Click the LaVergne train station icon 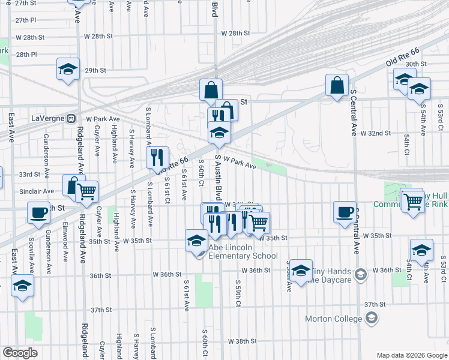click(x=70, y=118)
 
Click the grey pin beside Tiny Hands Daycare click(x=360, y=275)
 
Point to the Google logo click(x=20, y=353)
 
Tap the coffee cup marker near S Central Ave click(x=345, y=212)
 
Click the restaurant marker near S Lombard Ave click(x=157, y=157)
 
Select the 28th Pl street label click(x=26, y=55)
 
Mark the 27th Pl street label click(x=26, y=20)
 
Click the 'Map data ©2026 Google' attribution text click(x=411, y=355)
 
